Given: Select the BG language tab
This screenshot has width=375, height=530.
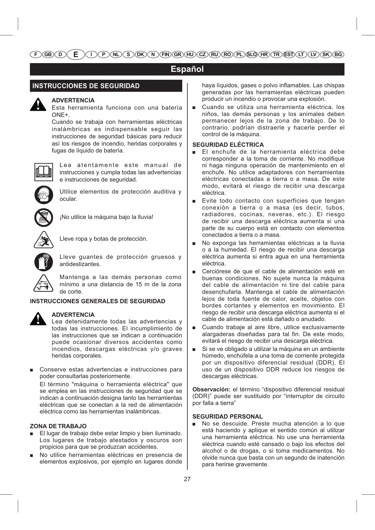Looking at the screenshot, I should tap(338, 55).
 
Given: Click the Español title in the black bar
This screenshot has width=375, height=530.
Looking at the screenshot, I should tap(187, 69).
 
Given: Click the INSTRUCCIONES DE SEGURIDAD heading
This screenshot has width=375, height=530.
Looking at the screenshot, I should tap(86, 86).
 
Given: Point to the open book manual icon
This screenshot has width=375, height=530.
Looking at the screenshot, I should tap(44, 172).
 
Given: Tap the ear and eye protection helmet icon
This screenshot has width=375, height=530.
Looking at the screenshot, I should tap(44, 195).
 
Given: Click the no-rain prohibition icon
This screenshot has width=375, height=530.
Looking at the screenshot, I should tap(44, 217).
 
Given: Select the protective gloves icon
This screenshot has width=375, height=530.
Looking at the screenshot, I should tap(44, 262).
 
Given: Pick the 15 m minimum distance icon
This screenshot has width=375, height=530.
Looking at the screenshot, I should tap(44, 283).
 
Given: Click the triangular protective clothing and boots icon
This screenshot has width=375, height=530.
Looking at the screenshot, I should tap(44, 239).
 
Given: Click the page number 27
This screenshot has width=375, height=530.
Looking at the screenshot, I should tap(187, 479).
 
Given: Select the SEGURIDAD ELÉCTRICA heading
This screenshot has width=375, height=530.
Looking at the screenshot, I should tap(228, 145).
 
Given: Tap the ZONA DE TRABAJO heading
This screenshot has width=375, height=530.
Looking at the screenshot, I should tap(58, 426).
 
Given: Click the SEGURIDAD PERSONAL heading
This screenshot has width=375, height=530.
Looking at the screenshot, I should tap(228, 416).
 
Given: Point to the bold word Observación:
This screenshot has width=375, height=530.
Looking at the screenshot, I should tap(211, 389).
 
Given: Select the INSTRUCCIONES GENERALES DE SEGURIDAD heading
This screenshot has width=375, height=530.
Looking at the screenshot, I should tap(98, 301).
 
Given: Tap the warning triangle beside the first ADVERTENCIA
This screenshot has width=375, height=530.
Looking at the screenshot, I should tap(38, 104).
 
